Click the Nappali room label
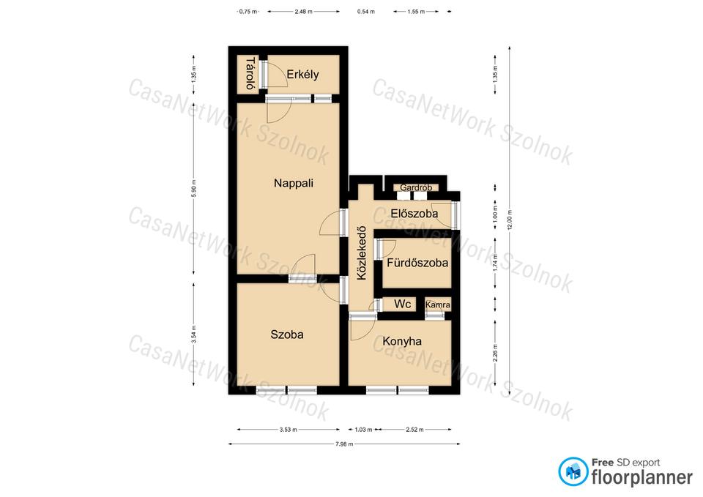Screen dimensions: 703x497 [293, 183]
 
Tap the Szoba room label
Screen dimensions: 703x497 [287, 335]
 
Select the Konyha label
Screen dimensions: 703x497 [402, 342]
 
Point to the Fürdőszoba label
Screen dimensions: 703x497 [417, 263]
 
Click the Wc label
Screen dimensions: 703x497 [402, 304]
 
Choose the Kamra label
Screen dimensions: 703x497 [438, 304]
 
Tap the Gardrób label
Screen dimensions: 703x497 [416, 187]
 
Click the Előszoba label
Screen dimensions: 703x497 [414, 214]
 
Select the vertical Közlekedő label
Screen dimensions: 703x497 [361, 253]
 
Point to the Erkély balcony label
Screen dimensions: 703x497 [302, 74]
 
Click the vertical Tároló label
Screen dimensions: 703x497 [250, 73]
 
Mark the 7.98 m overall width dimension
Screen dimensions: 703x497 [344, 444]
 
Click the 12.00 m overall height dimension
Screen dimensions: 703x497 [510, 220]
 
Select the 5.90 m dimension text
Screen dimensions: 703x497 [193, 188]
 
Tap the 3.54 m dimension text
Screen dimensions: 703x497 [193, 335]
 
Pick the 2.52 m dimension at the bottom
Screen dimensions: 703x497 [414, 430]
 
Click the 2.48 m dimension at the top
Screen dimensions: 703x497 [303, 12]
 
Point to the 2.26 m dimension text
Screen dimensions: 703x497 [495, 352]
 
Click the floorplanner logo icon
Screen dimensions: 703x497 [573, 471]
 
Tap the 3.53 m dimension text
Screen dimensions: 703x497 [289, 430]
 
